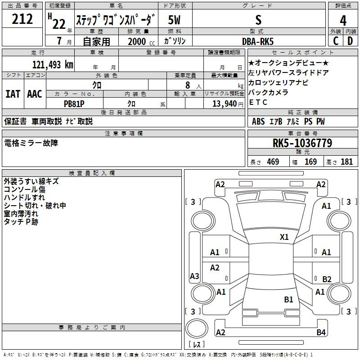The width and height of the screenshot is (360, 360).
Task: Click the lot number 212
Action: click(22, 19)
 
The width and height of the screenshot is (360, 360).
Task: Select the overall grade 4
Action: click(343, 21)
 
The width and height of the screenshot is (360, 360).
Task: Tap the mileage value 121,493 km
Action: click(53, 65)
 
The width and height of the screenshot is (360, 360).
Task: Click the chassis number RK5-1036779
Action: click(302, 143)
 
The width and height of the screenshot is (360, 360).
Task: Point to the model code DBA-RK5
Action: click(258, 41)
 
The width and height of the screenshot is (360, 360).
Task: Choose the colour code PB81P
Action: click(74, 104)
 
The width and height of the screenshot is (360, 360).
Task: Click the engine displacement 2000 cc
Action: click(141, 41)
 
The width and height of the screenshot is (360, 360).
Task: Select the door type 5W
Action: click(174, 20)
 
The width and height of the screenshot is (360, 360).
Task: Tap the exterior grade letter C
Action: click(336, 41)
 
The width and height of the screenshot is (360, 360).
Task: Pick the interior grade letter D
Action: click(350, 41)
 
